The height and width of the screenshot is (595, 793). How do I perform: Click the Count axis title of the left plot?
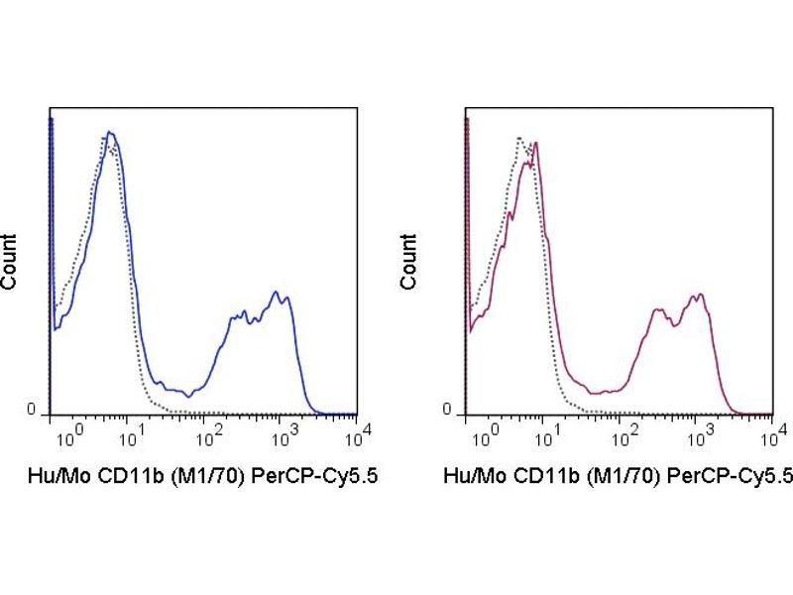click(x=10, y=262)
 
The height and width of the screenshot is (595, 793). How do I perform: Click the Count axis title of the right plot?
click(x=408, y=262)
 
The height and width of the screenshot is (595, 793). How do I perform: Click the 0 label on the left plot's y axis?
click(x=31, y=410)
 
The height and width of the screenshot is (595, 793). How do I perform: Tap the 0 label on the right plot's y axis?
click(x=447, y=410)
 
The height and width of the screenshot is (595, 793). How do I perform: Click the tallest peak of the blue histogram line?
click(x=110, y=132)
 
